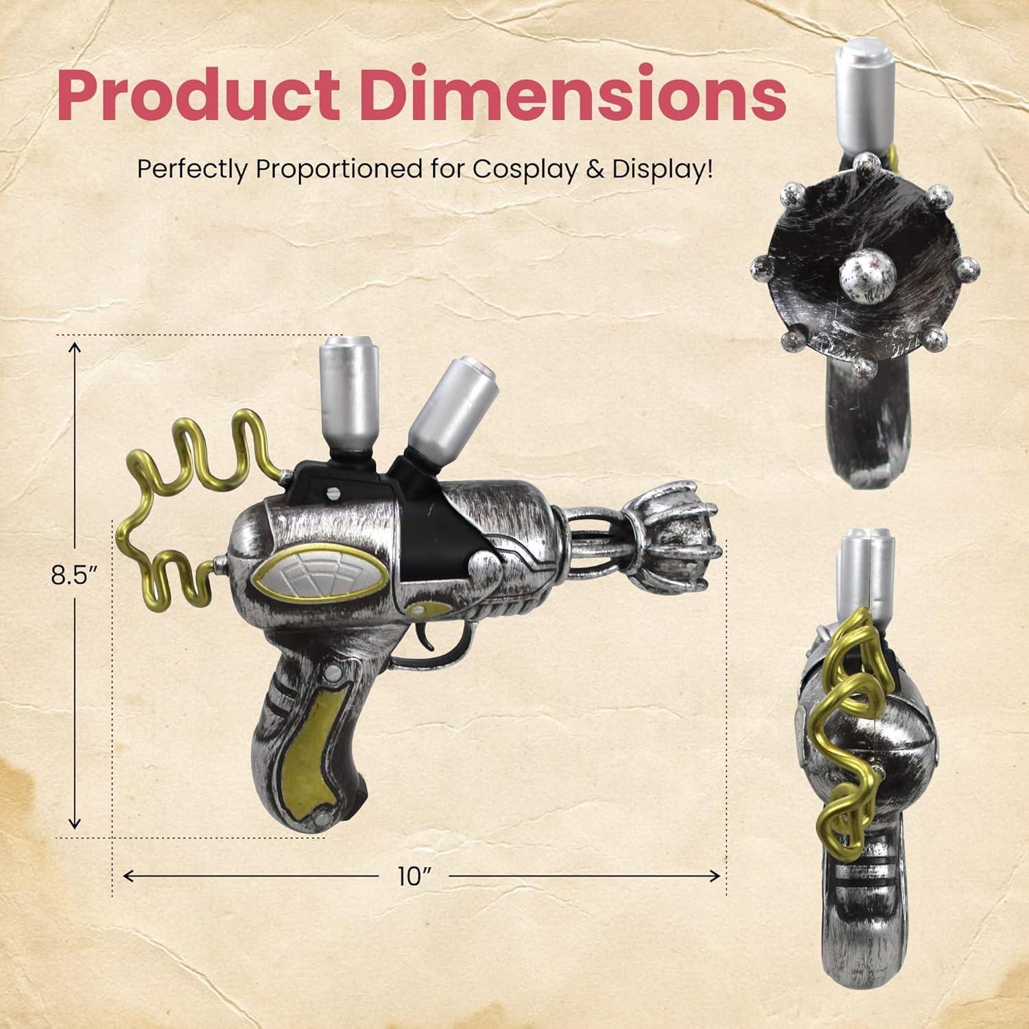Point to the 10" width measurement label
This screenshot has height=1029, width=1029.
tap(414, 876)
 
